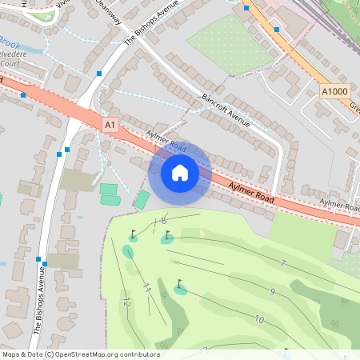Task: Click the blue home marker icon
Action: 180,172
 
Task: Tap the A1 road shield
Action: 110,125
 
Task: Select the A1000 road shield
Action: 334,92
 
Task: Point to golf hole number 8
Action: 163,221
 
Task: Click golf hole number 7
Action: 282,263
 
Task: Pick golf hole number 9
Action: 272,292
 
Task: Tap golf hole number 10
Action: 259,319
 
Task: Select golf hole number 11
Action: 147,287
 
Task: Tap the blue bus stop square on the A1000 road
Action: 276,29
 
